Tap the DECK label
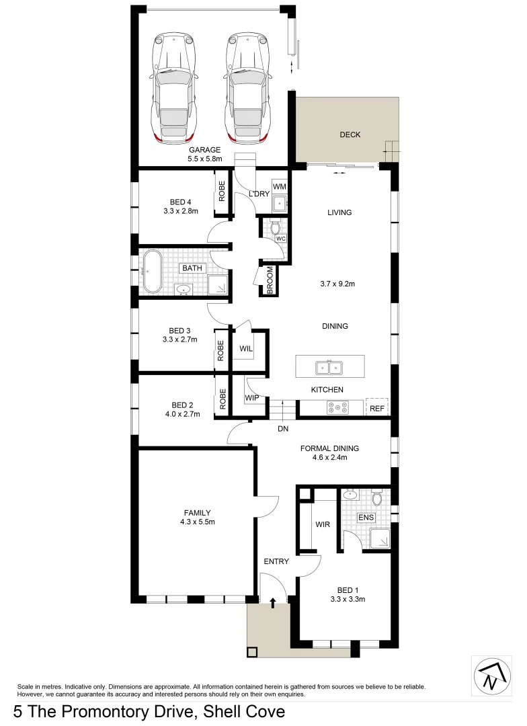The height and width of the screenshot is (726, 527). point(350,134)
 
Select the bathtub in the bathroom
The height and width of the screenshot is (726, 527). point(151,271)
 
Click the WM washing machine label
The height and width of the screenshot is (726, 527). point(279,186)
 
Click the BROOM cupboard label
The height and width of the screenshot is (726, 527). point(269,279)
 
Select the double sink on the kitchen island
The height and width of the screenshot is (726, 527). point(329,367)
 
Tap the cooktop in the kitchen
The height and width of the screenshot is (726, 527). point(337,407)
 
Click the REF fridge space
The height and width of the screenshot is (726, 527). point(376,407)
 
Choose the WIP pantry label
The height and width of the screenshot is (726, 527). point(252,399)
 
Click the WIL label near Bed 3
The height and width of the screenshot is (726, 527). point(246,349)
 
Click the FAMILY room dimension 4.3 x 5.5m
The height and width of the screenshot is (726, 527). point(197,522)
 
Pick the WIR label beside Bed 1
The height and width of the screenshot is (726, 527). point(323,524)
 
